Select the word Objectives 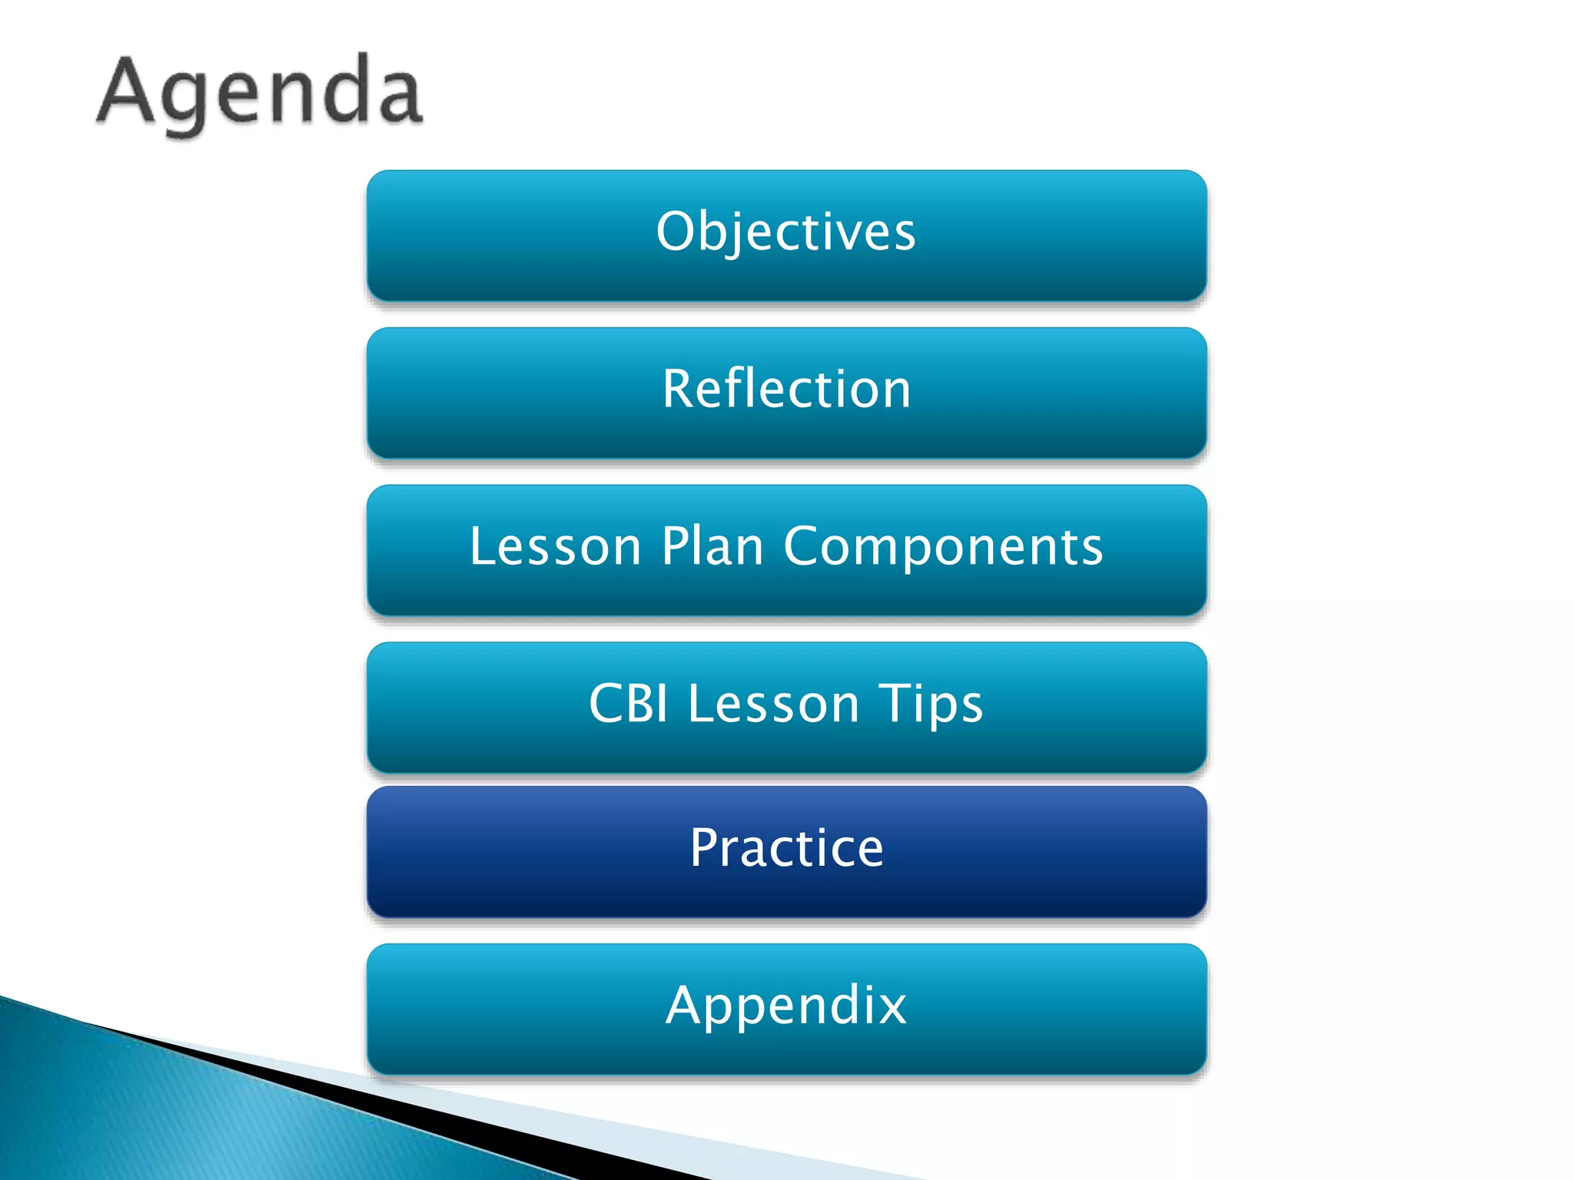click(x=785, y=231)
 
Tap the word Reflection click(x=786, y=389)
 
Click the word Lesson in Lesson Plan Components click(x=555, y=546)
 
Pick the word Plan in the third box click(x=712, y=546)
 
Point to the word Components click(x=943, y=548)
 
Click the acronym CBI click(x=628, y=703)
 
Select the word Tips click(x=931, y=704)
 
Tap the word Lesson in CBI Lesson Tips click(x=773, y=703)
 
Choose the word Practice click(x=786, y=848)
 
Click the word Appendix click(x=786, y=1006)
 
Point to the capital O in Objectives click(x=676, y=231)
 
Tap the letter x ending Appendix click(x=892, y=1006)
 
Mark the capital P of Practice click(x=705, y=847)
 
